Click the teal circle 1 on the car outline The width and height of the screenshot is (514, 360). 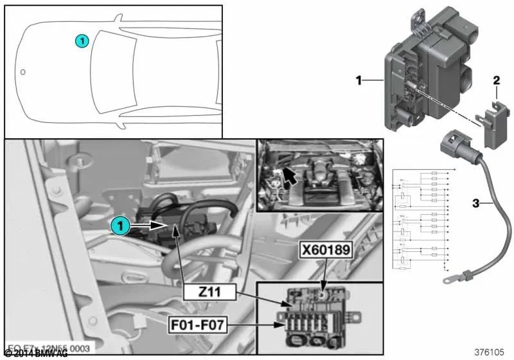pyautogui.click(x=82, y=41)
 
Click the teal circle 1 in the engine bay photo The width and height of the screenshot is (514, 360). pyautogui.click(x=118, y=226)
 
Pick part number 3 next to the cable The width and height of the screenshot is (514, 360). pyautogui.click(x=476, y=204)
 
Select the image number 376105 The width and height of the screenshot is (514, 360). pyautogui.click(x=490, y=352)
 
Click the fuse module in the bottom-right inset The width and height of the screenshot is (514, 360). pyautogui.click(x=316, y=311)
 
